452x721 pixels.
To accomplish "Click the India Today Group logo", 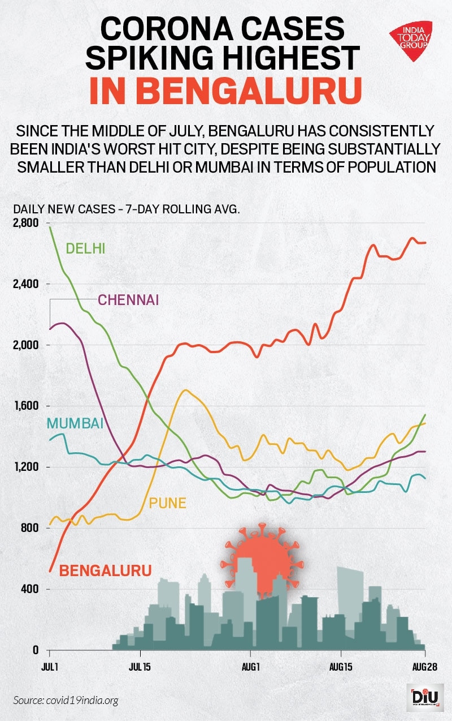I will point(411,40).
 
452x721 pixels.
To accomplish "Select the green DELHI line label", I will point(86,248).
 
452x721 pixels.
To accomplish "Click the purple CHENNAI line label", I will point(128,299).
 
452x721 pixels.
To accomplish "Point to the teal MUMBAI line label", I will point(75,423).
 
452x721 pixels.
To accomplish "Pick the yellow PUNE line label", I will point(167,503).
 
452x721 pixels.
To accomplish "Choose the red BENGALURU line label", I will point(106,570).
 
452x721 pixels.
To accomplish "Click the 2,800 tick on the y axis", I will point(24,223).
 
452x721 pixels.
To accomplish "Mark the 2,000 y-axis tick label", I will point(24,345).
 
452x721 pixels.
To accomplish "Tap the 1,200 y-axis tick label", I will point(24,467).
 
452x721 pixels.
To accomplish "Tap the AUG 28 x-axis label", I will point(424,667).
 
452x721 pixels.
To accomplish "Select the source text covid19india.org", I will point(84,701).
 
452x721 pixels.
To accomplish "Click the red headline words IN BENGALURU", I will point(225,91).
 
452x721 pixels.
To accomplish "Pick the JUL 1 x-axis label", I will point(50,667).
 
